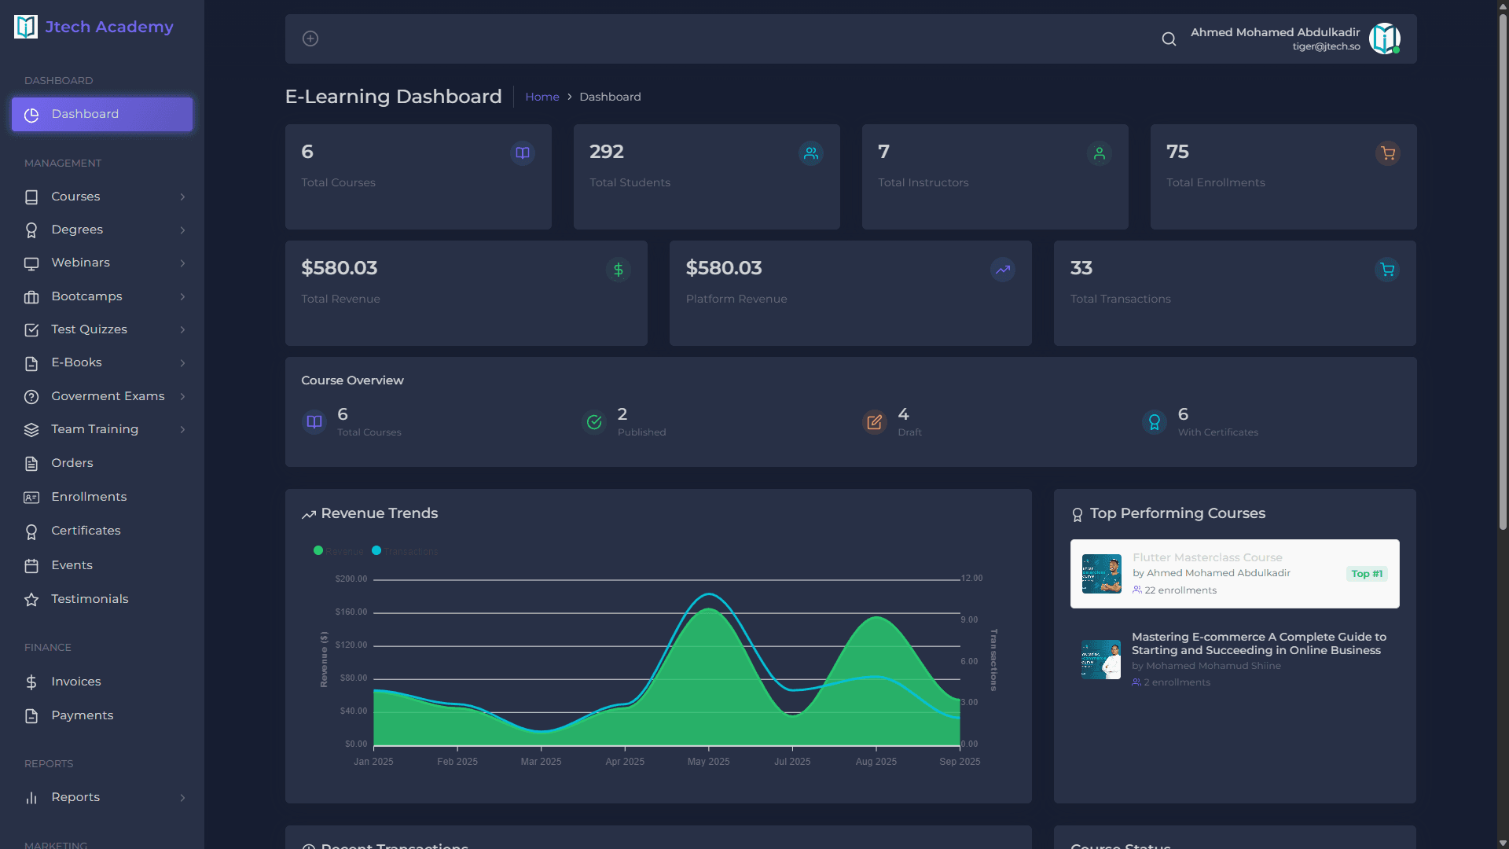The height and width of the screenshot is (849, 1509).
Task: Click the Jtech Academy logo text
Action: point(108,27)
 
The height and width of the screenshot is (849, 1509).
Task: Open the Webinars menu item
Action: point(80,263)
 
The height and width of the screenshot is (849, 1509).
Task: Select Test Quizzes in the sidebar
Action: point(89,329)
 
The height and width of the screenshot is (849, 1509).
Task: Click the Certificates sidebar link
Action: point(86,531)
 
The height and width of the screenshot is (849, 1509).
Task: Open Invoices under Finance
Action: point(75,682)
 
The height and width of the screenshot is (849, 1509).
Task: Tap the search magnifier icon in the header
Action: point(1169,39)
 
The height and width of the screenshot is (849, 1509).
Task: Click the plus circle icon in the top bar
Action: point(310,39)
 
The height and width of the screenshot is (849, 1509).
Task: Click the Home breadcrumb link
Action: point(542,97)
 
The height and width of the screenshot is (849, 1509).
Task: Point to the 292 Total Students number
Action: point(606,152)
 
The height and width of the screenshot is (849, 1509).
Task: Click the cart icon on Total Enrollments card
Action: point(1388,153)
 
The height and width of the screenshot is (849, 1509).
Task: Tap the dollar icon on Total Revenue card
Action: point(619,270)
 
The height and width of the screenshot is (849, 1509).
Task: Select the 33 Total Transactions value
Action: point(1081,268)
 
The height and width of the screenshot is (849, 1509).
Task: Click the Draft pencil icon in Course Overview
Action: point(874,422)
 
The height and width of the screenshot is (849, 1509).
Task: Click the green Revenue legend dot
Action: point(318,550)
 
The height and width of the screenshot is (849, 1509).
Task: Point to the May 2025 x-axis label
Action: point(708,762)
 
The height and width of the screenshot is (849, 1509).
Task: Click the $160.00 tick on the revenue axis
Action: point(351,612)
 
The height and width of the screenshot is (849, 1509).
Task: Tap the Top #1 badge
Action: point(1367,574)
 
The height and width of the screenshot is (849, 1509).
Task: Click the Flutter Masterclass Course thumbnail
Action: point(1101,574)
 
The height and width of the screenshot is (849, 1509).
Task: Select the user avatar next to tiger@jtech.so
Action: point(1384,39)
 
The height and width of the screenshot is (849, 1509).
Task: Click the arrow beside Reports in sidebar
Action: point(182,798)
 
